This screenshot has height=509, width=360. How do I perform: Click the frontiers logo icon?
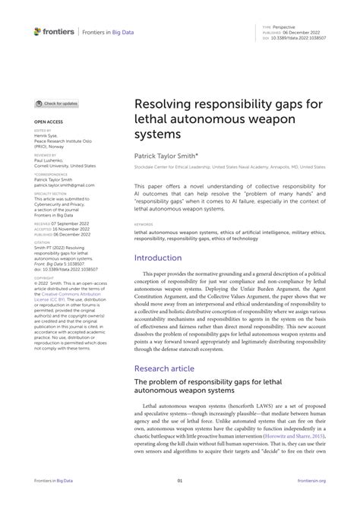coord(38,31)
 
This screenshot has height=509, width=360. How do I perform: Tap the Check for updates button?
coord(58,103)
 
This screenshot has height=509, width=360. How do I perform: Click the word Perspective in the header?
coord(286,25)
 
